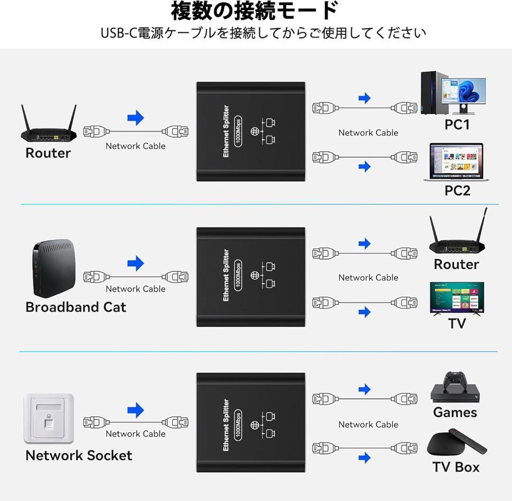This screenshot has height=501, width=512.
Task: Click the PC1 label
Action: pyautogui.click(x=457, y=125)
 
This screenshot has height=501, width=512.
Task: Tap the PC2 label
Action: pyautogui.click(x=457, y=190)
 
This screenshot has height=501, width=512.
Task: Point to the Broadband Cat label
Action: pyautogui.click(x=76, y=307)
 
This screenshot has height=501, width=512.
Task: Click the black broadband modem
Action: pyautogui.click(x=54, y=268)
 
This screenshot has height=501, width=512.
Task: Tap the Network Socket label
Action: pyautogui.click(x=79, y=455)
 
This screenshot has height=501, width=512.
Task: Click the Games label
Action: pyautogui.click(x=455, y=412)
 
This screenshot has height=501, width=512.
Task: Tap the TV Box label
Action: pyautogui.click(x=456, y=467)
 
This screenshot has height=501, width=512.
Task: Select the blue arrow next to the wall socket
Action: pyautogui.click(x=136, y=410)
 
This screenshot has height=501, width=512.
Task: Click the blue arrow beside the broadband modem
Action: pyautogui.click(x=136, y=263)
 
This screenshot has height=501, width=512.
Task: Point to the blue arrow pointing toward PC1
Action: pyautogui.click(x=364, y=98)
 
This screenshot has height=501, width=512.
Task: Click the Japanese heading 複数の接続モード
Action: pyautogui.click(x=255, y=11)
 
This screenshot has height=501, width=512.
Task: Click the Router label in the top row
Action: pyautogui.click(x=48, y=153)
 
